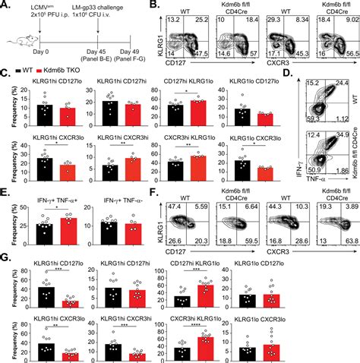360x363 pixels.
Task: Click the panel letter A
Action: point(5,6)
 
